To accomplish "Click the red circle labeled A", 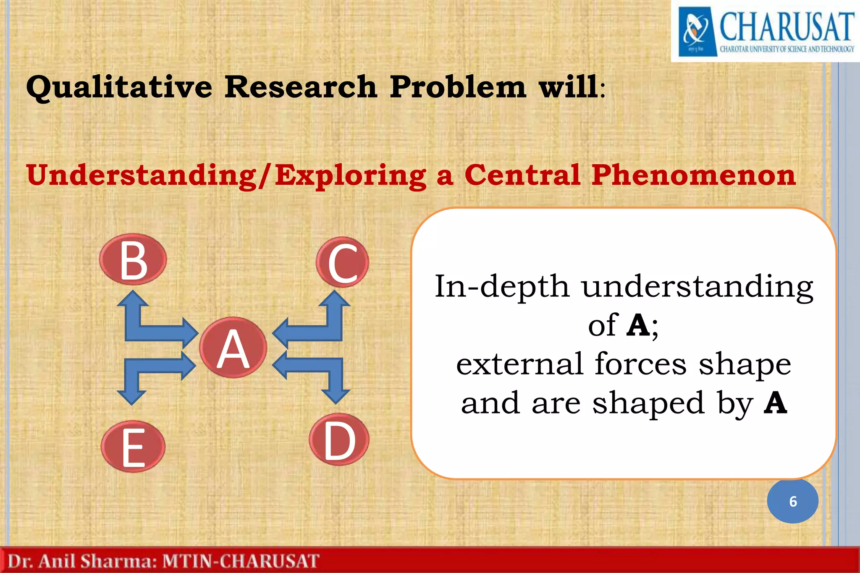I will click(233, 348).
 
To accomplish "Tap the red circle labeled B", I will click(133, 259).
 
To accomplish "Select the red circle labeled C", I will click(342, 262).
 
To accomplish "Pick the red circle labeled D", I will click(339, 439).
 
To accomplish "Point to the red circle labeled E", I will click(133, 446).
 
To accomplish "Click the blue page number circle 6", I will click(792, 501).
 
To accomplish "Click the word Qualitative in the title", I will click(119, 87).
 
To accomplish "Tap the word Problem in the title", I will click(457, 87).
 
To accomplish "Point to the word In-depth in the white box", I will click(501, 287).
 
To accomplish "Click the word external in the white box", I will click(519, 364).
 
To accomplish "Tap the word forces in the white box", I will click(640, 364).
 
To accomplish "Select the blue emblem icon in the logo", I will click(697, 32).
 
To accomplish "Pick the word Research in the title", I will click(301, 87).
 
